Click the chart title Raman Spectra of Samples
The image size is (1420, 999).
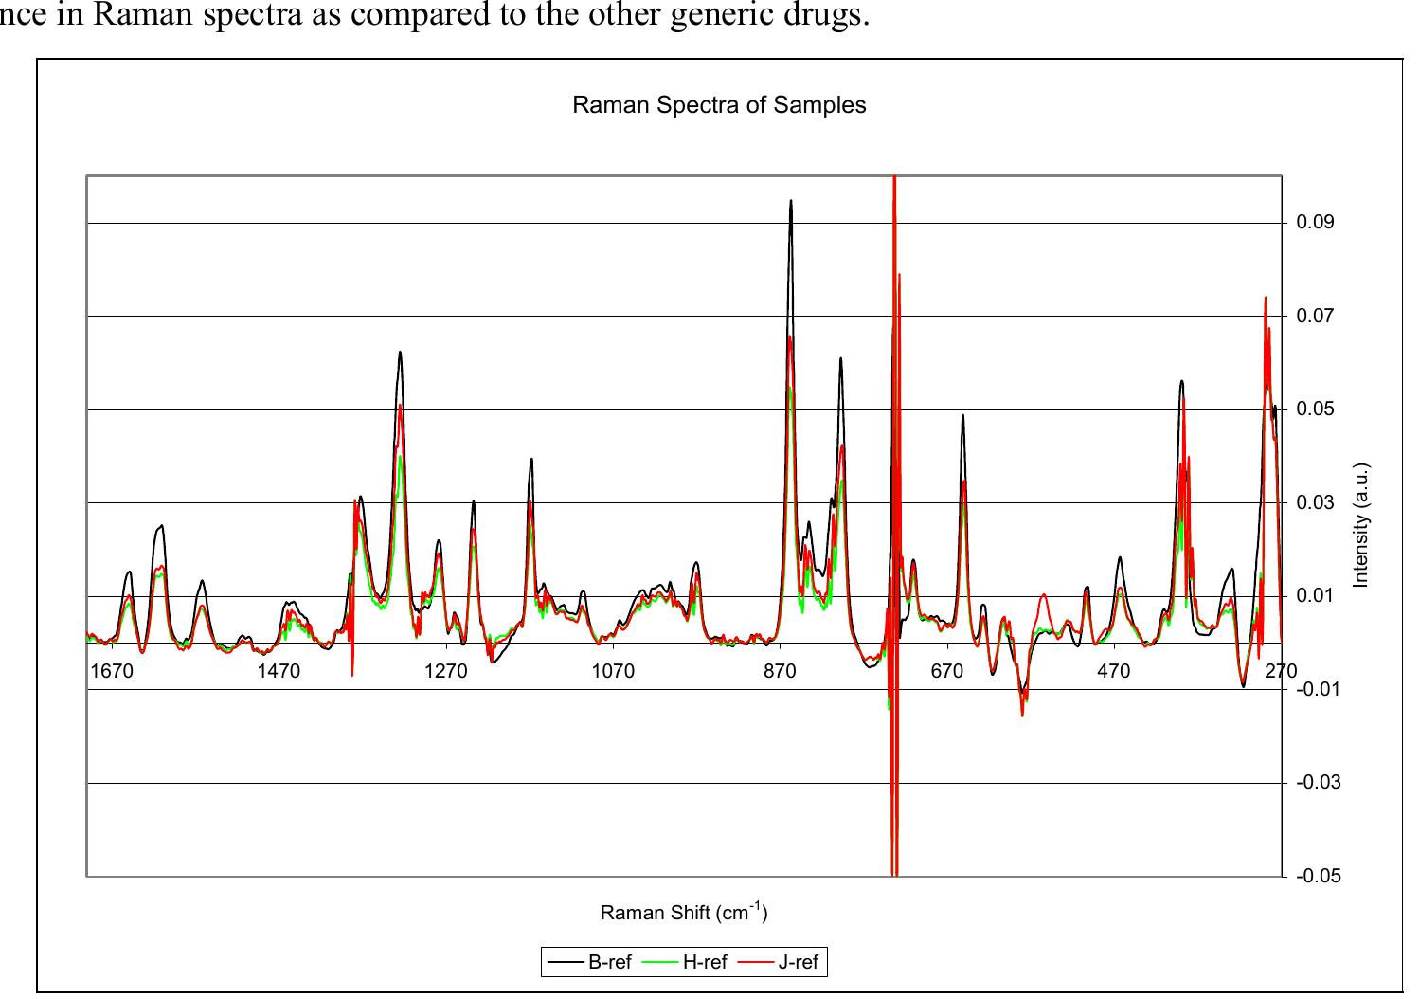pyautogui.click(x=719, y=105)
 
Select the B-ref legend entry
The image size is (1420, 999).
pyautogui.click(x=609, y=963)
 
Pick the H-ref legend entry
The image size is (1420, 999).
pyautogui.click(x=704, y=963)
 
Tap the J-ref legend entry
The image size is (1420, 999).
pyautogui.click(x=798, y=963)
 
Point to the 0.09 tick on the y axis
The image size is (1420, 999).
pyautogui.click(x=1315, y=223)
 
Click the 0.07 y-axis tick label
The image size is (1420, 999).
pyautogui.click(x=1315, y=316)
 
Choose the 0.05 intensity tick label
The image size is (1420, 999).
pyautogui.click(x=1315, y=409)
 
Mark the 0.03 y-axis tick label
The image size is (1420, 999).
pyautogui.click(x=1315, y=502)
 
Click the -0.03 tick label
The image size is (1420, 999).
pyautogui.click(x=1318, y=783)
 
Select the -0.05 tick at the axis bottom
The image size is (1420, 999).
pyautogui.click(x=1318, y=876)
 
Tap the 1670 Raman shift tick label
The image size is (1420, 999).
pyautogui.click(x=112, y=671)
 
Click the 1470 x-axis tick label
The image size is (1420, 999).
pyautogui.click(x=279, y=671)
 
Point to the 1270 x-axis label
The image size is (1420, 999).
pyautogui.click(x=445, y=671)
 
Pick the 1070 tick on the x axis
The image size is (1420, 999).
pyautogui.click(x=613, y=671)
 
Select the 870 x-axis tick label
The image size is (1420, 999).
pyautogui.click(x=780, y=671)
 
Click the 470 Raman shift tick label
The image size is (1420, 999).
pyautogui.click(x=1113, y=671)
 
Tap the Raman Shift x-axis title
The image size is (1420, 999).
pyautogui.click(x=683, y=914)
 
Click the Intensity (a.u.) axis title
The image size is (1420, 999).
pyautogui.click(x=1361, y=525)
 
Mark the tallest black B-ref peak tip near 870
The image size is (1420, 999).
pyautogui.click(x=791, y=201)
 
